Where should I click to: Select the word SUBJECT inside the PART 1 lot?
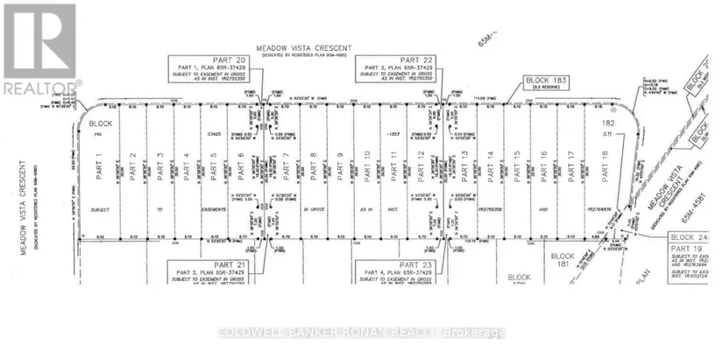coord(100,210)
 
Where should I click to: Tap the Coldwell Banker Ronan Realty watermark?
coord(362,333)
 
